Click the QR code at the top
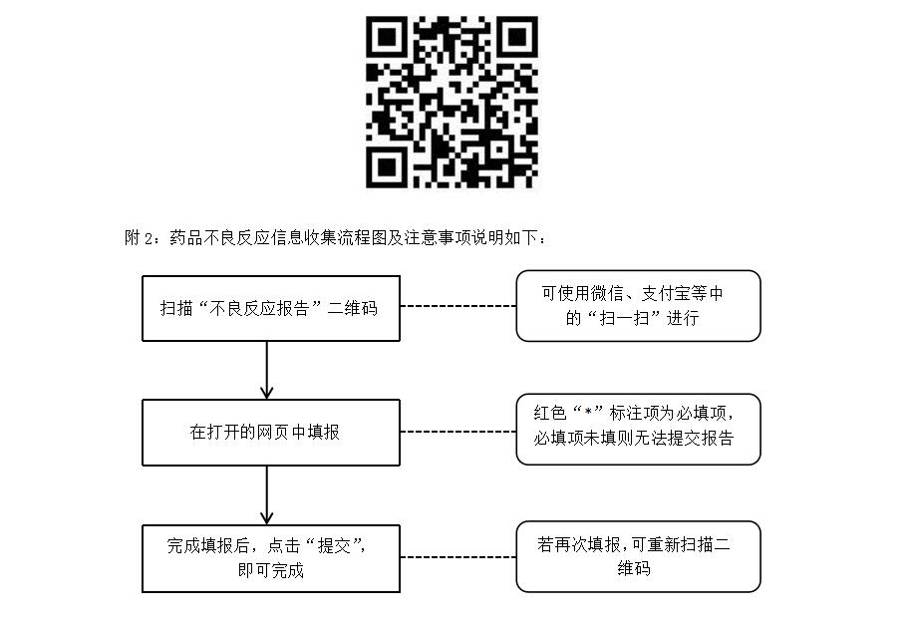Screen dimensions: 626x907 (x=452, y=102)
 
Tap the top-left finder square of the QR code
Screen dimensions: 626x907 (x=387, y=36)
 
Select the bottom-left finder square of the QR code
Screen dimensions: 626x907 (x=387, y=166)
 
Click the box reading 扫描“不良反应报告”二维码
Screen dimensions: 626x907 (x=270, y=308)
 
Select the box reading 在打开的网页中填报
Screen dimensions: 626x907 (x=270, y=433)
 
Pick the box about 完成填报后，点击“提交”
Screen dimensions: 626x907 (x=270, y=558)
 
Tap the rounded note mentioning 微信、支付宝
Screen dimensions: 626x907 (x=638, y=306)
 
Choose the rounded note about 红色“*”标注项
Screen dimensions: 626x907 (x=638, y=429)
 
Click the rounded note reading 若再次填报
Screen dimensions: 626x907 (x=638, y=556)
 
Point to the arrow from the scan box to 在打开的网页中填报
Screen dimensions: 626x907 (x=267, y=370)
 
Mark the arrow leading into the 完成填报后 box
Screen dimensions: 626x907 (x=267, y=495)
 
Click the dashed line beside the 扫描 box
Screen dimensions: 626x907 (x=457, y=306)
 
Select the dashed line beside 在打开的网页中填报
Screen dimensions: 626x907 (x=457, y=432)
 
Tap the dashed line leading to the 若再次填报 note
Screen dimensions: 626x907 (x=457, y=556)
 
